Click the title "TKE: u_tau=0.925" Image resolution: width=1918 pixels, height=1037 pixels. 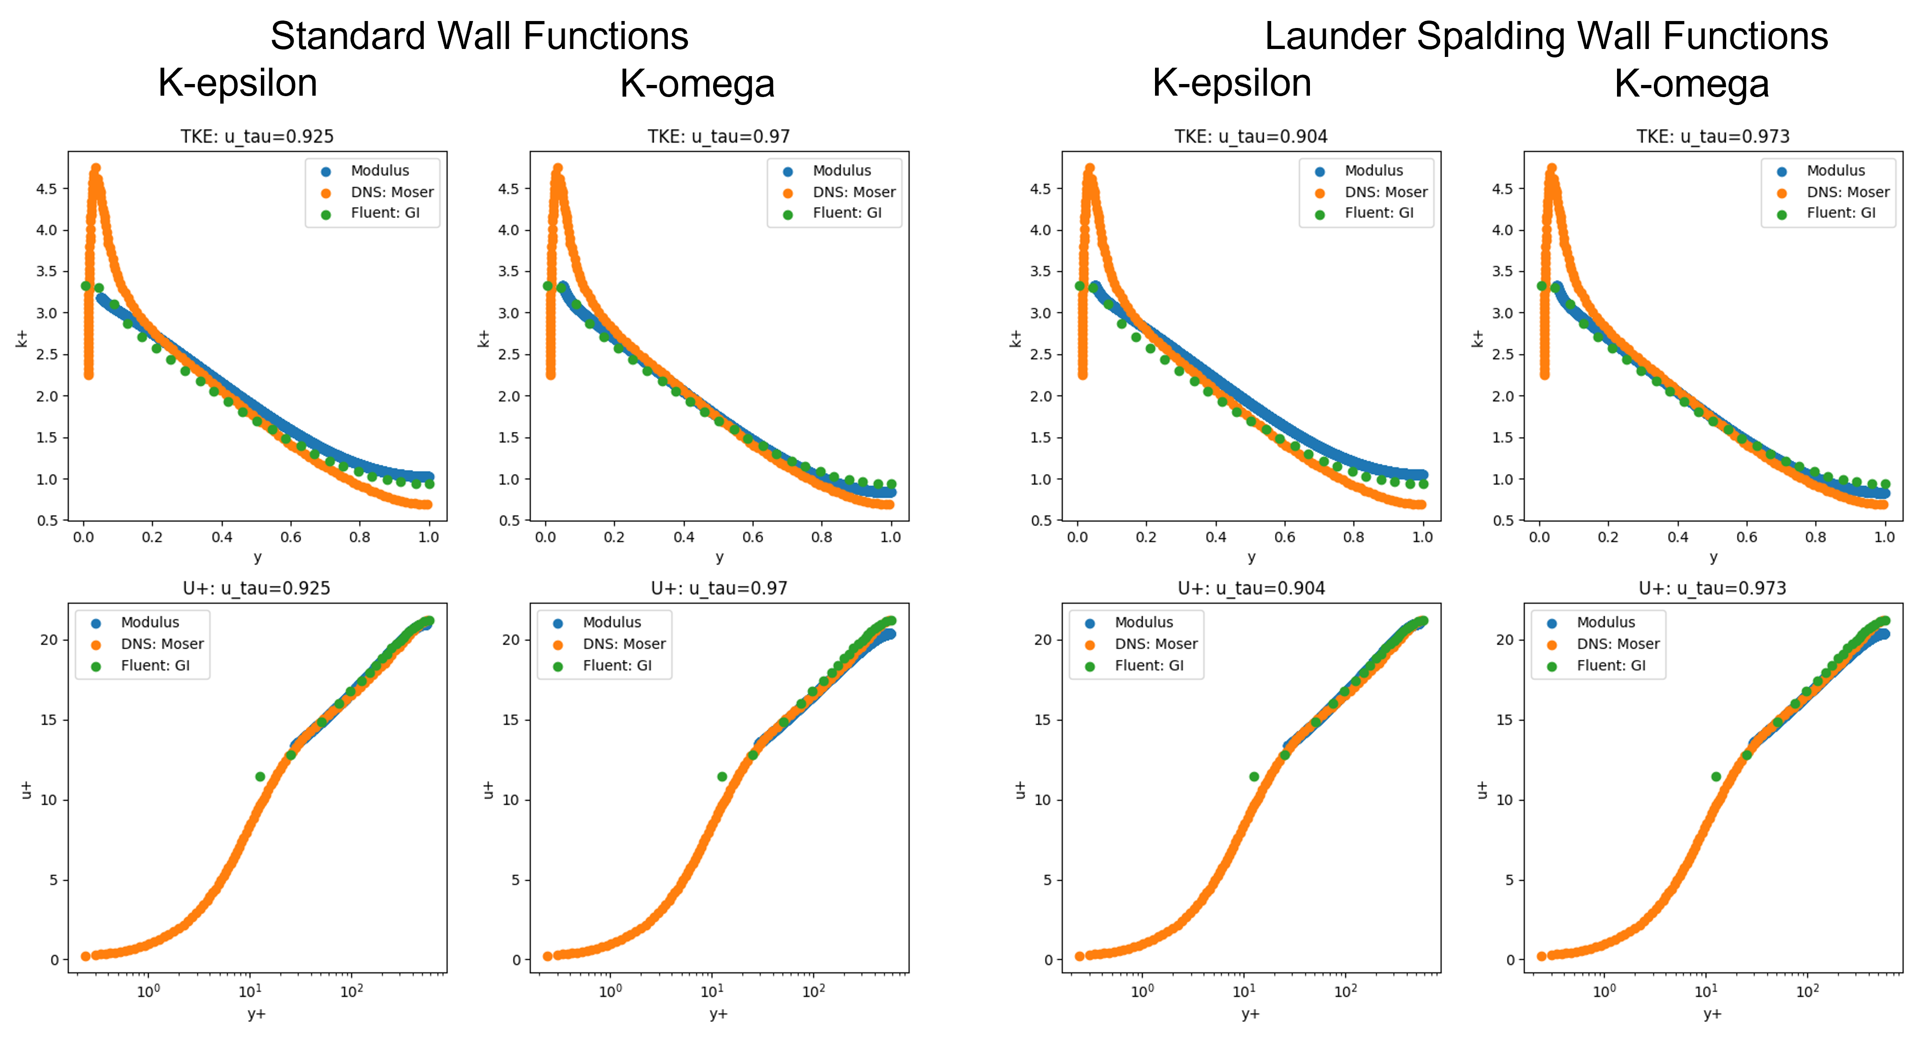(257, 136)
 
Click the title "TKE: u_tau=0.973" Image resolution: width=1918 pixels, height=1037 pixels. (1713, 136)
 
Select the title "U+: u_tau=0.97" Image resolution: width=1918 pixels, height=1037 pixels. (719, 588)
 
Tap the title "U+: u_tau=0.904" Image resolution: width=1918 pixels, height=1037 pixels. (1251, 588)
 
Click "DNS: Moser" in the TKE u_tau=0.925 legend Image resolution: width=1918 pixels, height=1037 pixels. (392, 192)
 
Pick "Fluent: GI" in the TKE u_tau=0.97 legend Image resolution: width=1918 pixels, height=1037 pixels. (847, 213)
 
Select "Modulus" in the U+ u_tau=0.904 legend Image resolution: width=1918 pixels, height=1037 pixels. (1144, 623)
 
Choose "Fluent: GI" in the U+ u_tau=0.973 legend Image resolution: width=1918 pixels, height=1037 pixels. (1610, 666)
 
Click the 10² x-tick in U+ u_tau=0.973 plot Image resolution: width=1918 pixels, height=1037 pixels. (1807, 992)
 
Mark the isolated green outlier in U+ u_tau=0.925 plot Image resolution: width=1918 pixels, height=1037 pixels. (260, 777)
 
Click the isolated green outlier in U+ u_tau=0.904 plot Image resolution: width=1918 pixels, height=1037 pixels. (1254, 777)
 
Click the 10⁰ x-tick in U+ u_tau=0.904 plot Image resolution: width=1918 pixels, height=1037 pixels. (1141, 992)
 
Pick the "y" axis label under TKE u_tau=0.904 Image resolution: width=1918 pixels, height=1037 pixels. (1251, 557)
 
